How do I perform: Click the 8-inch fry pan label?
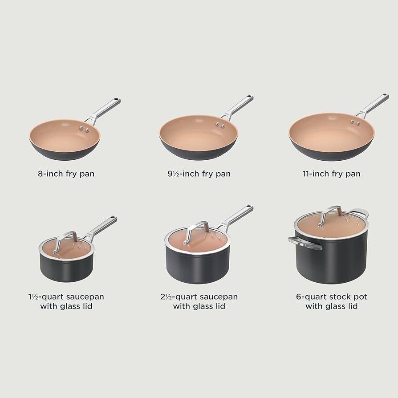66,174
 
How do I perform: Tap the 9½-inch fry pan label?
199,174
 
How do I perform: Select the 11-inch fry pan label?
331,174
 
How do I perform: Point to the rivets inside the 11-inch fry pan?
355,122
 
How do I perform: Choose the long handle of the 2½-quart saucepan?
236,216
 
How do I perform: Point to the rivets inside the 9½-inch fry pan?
220,126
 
